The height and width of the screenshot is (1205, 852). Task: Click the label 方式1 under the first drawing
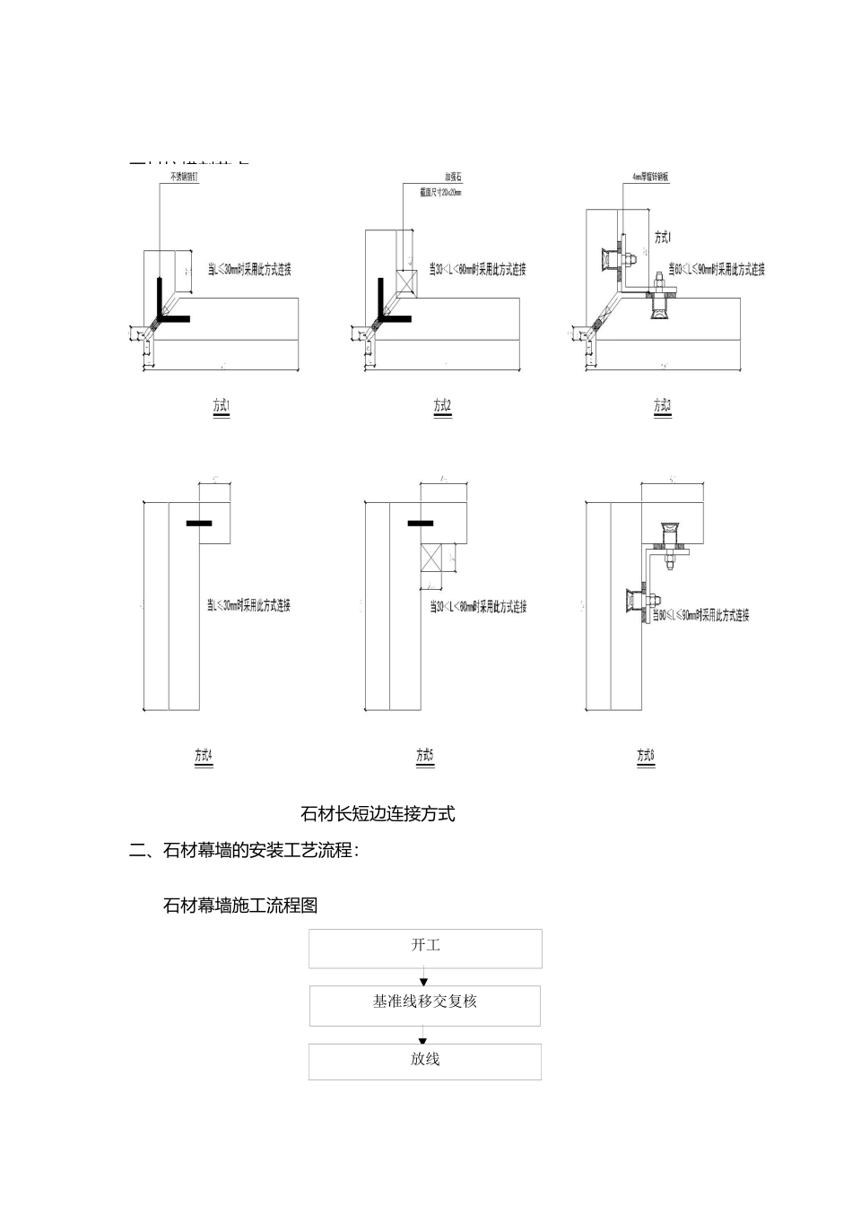tap(222, 406)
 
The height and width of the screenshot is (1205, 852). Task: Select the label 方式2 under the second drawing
tap(442, 406)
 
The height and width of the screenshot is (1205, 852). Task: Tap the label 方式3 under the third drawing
tap(662, 406)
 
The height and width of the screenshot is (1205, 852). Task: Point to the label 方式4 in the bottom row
tap(204, 756)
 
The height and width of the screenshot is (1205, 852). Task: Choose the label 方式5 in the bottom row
tap(425, 756)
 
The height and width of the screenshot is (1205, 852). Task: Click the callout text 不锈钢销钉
tap(183, 178)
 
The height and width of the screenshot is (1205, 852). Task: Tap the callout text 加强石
tap(453, 178)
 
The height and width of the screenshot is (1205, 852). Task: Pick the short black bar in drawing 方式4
tap(200, 522)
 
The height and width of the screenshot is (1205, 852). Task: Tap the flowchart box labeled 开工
tap(425, 948)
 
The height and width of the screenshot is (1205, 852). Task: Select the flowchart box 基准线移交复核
tap(425, 1005)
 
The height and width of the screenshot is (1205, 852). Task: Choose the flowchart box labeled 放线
tap(425, 1062)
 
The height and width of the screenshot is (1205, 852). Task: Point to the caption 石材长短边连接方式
tap(378, 814)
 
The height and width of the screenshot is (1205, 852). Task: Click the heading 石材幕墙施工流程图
tap(240, 906)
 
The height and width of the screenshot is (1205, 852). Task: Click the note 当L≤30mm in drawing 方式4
tap(248, 606)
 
